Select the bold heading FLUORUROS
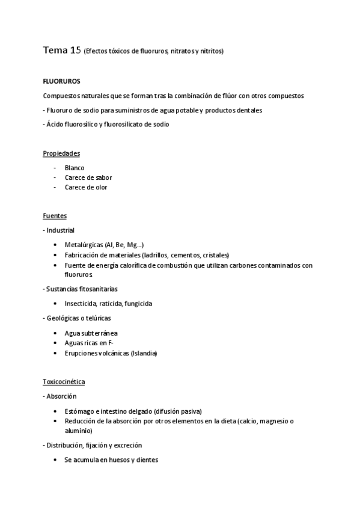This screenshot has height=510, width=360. pos(61,81)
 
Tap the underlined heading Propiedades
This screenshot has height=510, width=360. pos(61,153)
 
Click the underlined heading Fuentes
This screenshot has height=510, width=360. pos(55,215)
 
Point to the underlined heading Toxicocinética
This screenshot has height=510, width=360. pos(64,381)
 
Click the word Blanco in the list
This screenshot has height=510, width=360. pos(75,168)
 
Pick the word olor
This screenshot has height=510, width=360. pos(101,187)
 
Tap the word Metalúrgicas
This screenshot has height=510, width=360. pos(83,245)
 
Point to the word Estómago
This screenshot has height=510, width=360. pos(79,411)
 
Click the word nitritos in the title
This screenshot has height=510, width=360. pos(212,52)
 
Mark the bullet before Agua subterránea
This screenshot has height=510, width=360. pos(55,333)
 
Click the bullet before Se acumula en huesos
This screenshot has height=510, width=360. pos(55,460)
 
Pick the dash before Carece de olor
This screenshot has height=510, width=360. pos(55,187)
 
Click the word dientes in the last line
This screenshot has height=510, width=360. pos(148,460)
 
